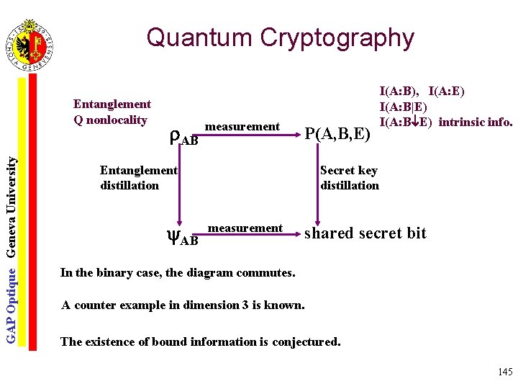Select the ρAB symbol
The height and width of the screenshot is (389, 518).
tap(182, 137)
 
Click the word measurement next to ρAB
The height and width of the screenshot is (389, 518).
tap(242, 127)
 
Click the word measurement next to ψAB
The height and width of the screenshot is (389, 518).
tap(245, 228)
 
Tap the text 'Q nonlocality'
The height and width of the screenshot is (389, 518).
tap(110, 120)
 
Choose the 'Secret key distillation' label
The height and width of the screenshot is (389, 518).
tap(349, 178)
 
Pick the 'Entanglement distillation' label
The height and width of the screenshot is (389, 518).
tap(138, 178)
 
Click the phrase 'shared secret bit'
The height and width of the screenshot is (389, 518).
tap(365, 233)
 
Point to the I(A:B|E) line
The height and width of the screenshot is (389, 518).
tap(405, 106)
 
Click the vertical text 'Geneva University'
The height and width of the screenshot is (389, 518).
tap(12, 208)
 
